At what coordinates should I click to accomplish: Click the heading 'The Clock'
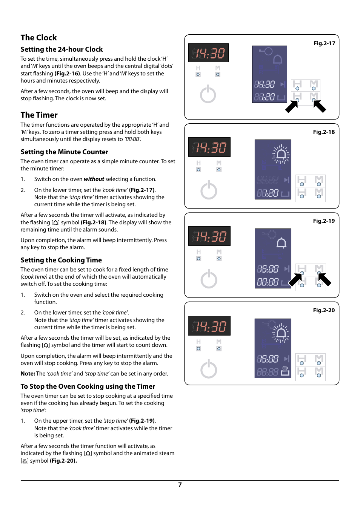(x=38, y=38)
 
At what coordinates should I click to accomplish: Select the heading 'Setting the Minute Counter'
(x=64, y=152)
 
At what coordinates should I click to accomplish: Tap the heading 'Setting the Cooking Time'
(x=61, y=260)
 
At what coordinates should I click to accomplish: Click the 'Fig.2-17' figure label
(x=324, y=43)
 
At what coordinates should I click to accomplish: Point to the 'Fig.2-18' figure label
(x=324, y=132)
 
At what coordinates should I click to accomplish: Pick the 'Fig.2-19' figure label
(x=324, y=221)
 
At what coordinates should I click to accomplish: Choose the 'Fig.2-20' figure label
(x=324, y=310)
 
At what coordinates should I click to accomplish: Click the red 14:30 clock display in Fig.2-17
(x=208, y=53)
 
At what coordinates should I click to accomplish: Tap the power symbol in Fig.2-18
(x=209, y=190)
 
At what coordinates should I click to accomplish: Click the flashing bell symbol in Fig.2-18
(x=281, y=154)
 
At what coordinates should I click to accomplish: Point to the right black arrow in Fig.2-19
(x=324, y=279)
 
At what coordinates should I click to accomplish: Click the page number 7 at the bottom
(x=180, y=485)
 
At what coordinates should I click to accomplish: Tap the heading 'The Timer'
(x=39, y=115)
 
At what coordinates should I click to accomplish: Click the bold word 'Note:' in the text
(x=28, y=374)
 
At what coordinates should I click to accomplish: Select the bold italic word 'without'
(x=94, y=179)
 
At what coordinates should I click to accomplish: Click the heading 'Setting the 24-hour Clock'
(x=62, y=49)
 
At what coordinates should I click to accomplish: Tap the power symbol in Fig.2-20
(x=209, y=369)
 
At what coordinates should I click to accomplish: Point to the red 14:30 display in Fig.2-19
(x=209, y=236)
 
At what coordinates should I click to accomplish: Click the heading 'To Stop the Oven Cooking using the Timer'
(x=88, y=386)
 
